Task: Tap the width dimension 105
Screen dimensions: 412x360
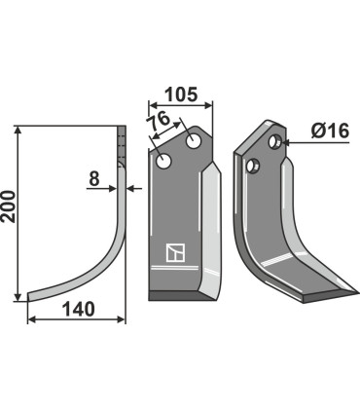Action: (x=180, y=94)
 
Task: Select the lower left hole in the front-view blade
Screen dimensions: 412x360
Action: (x=165, y=162)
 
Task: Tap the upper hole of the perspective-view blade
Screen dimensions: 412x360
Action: (x=276, y=145)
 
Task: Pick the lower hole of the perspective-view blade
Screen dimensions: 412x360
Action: (x=256, y=167)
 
